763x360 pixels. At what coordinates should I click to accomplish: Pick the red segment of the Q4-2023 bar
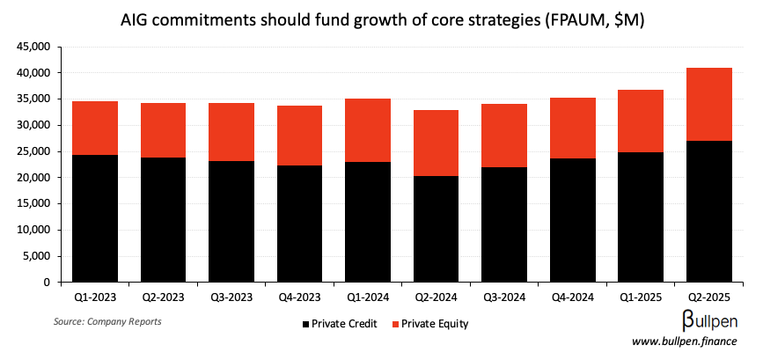click(300, 136)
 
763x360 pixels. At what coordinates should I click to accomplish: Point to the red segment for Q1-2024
click(368, 130)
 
